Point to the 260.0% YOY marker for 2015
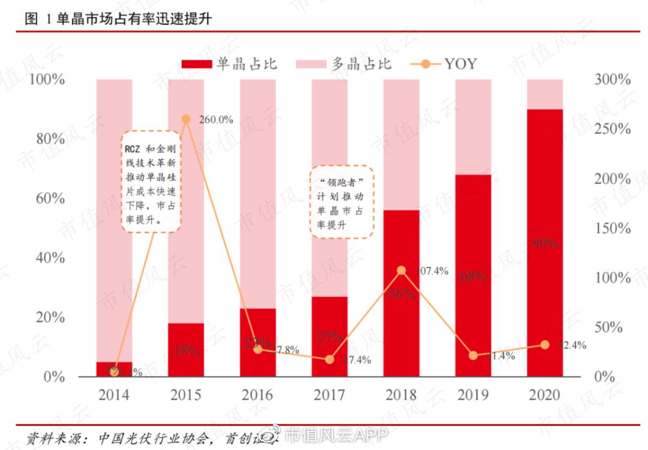[x=186, y=119]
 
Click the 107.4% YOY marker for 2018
[x=401, y=271]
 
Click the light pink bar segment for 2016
[x=257, y=192]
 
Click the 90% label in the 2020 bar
[x=545, y=243]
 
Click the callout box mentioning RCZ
[x=151, y=182]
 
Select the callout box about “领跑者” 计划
[x=342, y=202]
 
